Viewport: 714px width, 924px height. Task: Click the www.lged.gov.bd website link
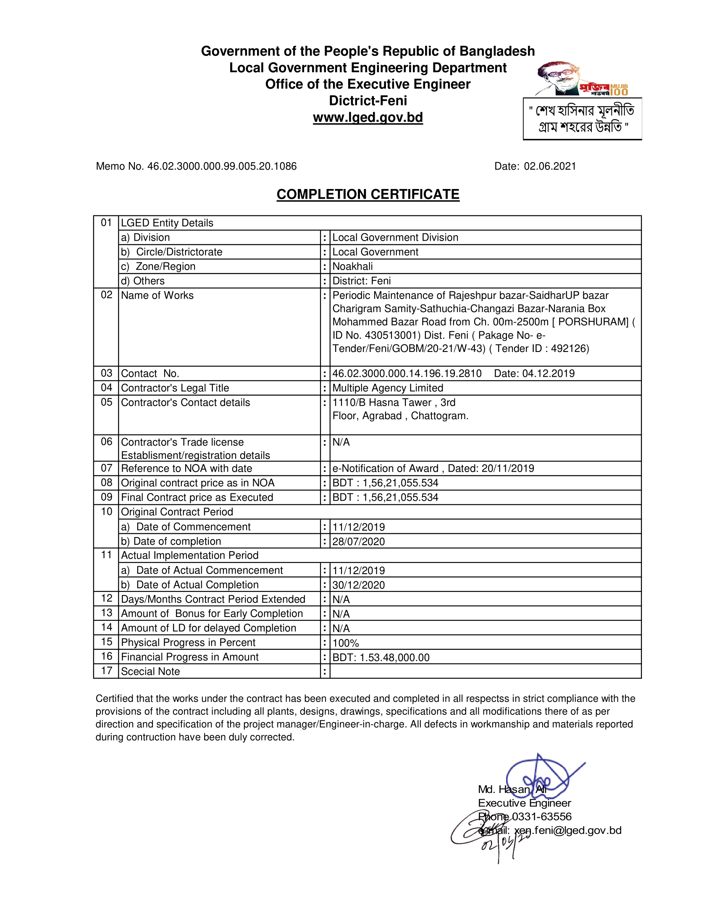coord(367,117)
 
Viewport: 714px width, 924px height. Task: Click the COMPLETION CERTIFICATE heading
coord(367,194)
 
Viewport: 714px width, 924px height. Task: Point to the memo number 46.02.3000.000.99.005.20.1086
coord(222,166)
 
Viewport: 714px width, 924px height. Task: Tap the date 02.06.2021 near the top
coord(550,166)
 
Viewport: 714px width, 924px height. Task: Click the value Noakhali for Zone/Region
coord(352,267)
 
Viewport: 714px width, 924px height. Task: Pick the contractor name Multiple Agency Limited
coord(388,388)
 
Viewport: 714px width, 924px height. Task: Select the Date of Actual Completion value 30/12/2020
coord(358,585)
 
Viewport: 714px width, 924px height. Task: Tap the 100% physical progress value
coord(346,643)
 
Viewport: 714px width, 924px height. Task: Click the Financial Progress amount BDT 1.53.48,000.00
coord(381,657)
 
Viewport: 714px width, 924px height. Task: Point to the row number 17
coord(107,671)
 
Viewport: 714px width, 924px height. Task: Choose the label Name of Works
coord(157,295)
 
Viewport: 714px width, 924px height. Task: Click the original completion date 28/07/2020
coord(358,541)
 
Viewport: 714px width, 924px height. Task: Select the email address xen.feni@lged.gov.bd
coord(568,830)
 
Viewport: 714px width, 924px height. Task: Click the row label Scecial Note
coord(150,672)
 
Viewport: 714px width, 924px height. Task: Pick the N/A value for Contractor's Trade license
coord(341,442)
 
